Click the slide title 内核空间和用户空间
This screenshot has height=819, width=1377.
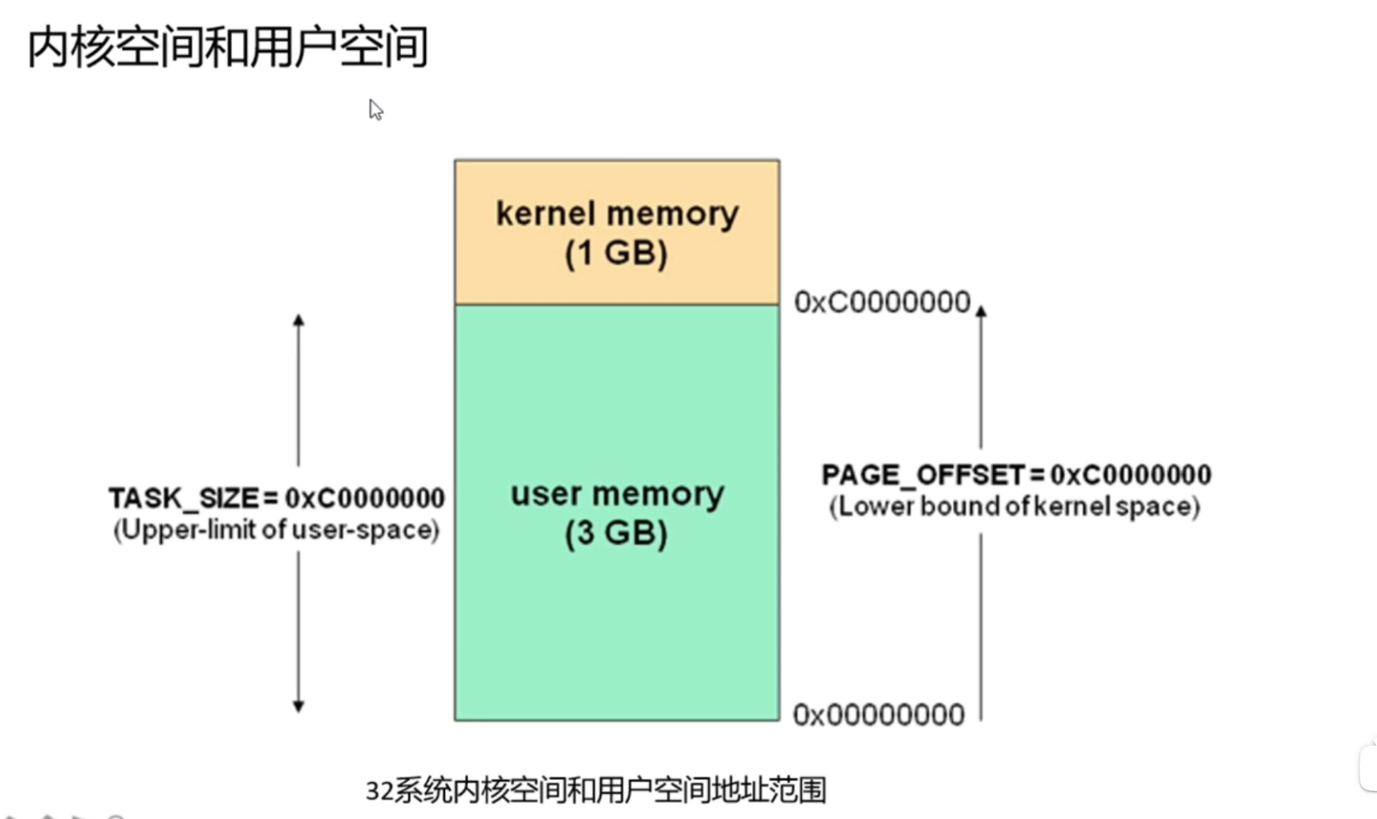coord(227,47)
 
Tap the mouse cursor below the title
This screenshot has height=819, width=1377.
coord(376,110)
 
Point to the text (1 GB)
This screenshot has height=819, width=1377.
coord(616,253)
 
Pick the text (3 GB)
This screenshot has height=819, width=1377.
coord(616,533)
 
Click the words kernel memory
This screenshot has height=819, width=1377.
coord(617,213)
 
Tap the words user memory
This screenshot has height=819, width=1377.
coord(617,494)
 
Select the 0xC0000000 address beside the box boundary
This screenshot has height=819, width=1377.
coord(881,302)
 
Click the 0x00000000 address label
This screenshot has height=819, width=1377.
coord(878,715)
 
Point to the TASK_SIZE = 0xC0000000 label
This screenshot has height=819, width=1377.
coord(276,498)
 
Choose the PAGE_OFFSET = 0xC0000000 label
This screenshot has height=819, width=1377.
coord(1016,475)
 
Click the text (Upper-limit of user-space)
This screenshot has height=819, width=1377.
coord(276,530)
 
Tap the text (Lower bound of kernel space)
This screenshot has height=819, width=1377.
coord(1014,507)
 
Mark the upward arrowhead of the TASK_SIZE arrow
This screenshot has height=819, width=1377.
coord(299,321)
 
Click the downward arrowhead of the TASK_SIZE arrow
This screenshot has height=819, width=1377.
coord(299,706)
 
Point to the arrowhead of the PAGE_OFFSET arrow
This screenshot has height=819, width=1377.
coord(981,311)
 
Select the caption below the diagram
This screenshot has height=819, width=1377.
coord(595,790)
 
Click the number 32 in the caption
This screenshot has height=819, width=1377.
coord(378,791)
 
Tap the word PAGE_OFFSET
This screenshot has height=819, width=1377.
coord(923,475)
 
